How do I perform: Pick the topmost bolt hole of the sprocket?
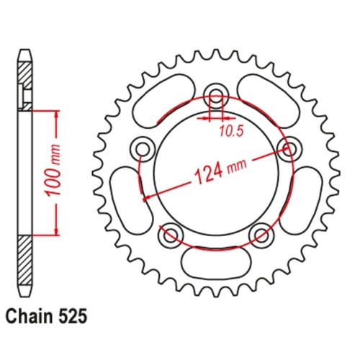coord(215,94)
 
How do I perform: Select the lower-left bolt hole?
coord(171,234)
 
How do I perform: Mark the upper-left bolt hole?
coord(143,148)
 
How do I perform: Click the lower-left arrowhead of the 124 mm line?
coord(148,195)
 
